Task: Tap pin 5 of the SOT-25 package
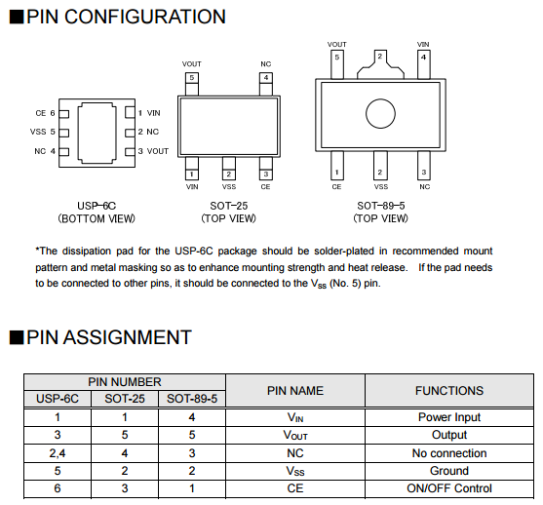[192, 84]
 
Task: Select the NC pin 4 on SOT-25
[266, 84]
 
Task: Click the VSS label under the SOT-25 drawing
[229, 187]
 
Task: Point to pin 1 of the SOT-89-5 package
[337, 166]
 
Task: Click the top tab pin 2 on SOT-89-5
[380, 64]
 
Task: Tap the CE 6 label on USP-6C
[46, 113]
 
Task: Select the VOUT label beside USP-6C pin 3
[158, 151]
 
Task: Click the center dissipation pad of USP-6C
[97, 133]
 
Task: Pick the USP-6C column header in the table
[58, 399]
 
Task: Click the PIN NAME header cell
[295, 391]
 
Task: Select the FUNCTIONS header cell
[449, 391]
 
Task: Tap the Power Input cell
[449, 417]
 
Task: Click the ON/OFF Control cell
[449, 488]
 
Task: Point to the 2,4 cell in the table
[58, 453]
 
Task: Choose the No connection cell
[449, 453]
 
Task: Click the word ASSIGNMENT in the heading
[128, 337]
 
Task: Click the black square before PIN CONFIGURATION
[17, 17]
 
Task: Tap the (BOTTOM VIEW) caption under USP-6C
[97, 219]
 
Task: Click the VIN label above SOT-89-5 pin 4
[423, 44]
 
